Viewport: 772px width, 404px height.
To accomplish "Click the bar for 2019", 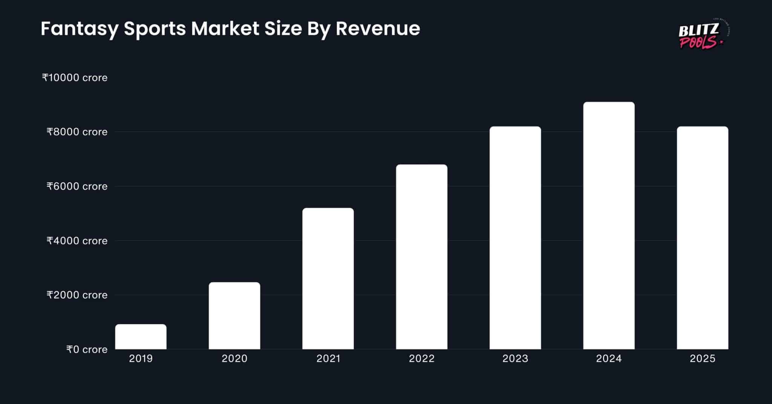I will coord(141,336).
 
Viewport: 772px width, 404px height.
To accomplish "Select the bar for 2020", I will coord(234,316).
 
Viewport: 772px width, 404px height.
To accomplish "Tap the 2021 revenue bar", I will coord(328,278).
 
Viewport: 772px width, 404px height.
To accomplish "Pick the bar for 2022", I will coord(421,257).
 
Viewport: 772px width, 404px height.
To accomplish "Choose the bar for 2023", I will coord(515,238).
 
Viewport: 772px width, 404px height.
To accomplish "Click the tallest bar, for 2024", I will coord(609,226).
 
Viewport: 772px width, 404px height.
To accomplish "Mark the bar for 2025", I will coord(702,238).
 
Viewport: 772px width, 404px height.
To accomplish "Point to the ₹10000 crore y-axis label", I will coord(75,78).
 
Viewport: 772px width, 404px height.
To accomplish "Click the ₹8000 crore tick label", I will coord(77,132).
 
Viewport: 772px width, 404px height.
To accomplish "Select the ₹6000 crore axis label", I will coord(77,186).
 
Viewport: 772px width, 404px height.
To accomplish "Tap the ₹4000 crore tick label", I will coord(77,241).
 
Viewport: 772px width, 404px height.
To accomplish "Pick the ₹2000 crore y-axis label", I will coord(77,295).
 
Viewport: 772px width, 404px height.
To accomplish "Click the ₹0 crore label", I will coord(87,350).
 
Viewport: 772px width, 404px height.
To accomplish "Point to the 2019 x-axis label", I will coord(141,358).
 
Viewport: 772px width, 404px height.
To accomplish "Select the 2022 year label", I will coord(421,358).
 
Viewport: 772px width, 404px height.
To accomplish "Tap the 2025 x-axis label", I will coord(702,358).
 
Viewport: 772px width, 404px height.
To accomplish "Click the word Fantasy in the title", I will coord(79,29).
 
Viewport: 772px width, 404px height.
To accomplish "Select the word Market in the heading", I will coord(225,28).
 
